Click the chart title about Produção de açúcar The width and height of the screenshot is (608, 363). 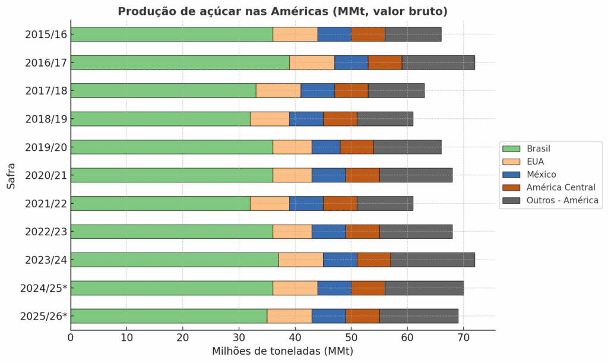click(283, 11)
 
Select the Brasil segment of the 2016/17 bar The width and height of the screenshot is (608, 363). click(180, 62)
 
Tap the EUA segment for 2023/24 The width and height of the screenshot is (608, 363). click(300, 260)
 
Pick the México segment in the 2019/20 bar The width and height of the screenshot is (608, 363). click(325, 147)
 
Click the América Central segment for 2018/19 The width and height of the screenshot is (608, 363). click(340, 119)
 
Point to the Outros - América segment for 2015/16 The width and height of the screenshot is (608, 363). click(413, 34)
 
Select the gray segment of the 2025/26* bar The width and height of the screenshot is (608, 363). click(419, 316)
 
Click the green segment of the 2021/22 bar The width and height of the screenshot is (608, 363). click(160, 203)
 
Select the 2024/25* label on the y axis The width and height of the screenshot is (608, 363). click(43, 288)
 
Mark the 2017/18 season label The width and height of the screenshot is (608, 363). click(46, 91)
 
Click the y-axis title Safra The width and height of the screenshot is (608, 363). click(11, 175)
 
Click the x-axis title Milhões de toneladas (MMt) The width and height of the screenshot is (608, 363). click(283, 352)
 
